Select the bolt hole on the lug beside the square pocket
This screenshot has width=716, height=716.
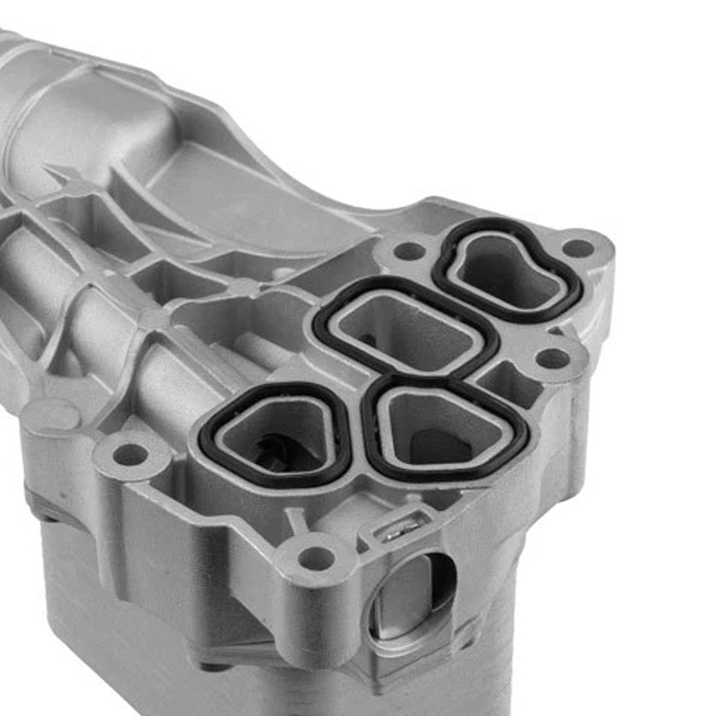(553, 358)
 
